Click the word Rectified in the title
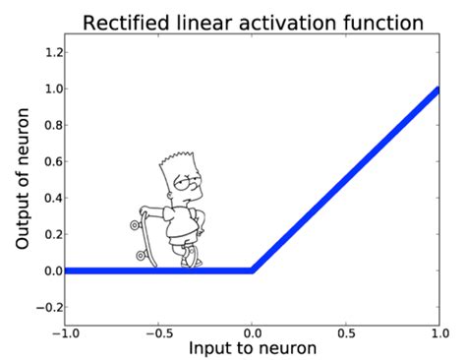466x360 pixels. point(121,21)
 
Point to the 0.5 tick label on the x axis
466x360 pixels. point(347,334)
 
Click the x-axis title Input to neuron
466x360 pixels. point(254,348)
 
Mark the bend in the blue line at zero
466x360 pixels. point(253,270)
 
